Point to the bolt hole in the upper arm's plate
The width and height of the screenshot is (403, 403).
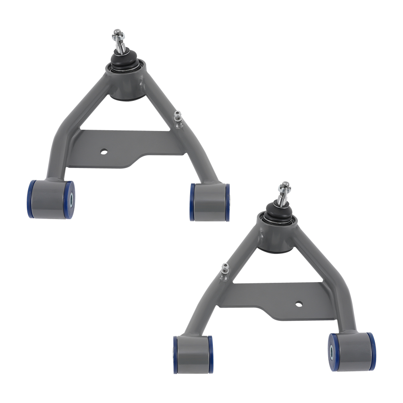[104, 152]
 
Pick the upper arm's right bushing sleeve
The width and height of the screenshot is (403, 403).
[210, 201]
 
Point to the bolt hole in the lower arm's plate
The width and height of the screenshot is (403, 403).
[298, 303]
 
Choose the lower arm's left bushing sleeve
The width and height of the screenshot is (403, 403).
[193, 353]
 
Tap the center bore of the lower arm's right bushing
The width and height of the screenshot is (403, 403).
[332, 351]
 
